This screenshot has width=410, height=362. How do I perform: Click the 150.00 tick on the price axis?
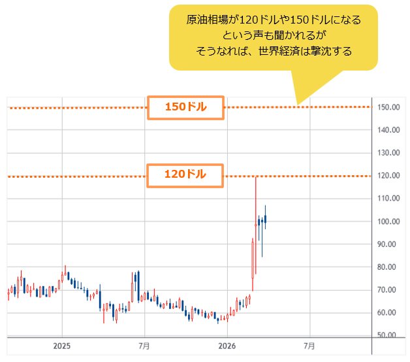(388, 107)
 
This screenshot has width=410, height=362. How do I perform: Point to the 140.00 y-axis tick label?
(388, 130)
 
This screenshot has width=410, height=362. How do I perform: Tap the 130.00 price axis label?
(388, 153)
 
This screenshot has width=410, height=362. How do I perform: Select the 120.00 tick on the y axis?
(388, 176)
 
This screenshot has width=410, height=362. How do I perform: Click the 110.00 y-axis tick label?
(388, 199)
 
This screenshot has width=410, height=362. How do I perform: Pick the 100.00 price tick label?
(388, 222)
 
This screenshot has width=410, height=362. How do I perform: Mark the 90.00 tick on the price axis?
(390, 244)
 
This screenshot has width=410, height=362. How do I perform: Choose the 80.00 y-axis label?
(390, 267)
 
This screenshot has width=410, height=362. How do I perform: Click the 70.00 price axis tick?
(390, 290)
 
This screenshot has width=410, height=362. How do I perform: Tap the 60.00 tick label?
(390, 313)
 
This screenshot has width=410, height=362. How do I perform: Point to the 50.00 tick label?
(390, 335)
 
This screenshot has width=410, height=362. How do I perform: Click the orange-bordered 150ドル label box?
(186, 108)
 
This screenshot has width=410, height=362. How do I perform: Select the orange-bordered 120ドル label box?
(186, 174)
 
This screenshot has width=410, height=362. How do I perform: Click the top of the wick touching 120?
(255, 176)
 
